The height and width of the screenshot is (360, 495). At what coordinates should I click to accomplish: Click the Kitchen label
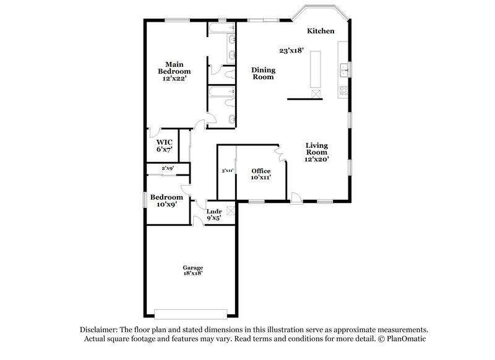coord(321,31)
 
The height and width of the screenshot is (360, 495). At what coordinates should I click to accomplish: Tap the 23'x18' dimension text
coord(291,51)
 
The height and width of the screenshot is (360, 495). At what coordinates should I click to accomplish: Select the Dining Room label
coord(263,74)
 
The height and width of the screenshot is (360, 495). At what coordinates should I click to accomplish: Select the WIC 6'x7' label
coord(164,145)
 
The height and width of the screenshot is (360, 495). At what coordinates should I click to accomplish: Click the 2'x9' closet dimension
coord(167,168)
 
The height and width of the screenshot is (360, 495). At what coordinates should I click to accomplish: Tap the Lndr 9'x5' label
coord(213,214)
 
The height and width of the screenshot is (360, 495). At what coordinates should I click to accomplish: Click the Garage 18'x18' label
coord(192,270)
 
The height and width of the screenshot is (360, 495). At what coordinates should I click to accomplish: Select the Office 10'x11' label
coord(260,174)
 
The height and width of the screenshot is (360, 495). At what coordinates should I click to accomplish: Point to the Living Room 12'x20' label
coord(316,152)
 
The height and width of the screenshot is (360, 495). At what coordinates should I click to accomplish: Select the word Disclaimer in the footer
coord(100,330)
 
